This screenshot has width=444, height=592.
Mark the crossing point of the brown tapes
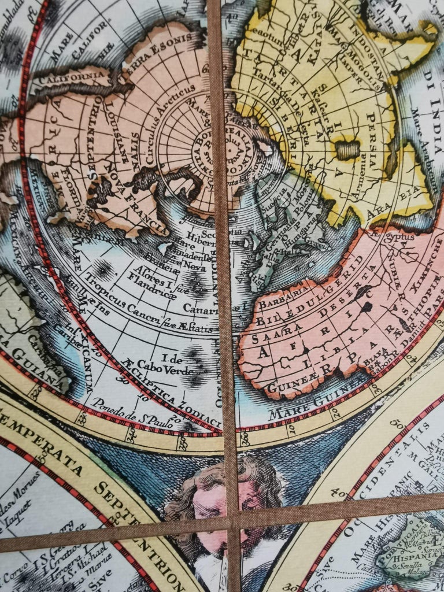click(x=233, y=525)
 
